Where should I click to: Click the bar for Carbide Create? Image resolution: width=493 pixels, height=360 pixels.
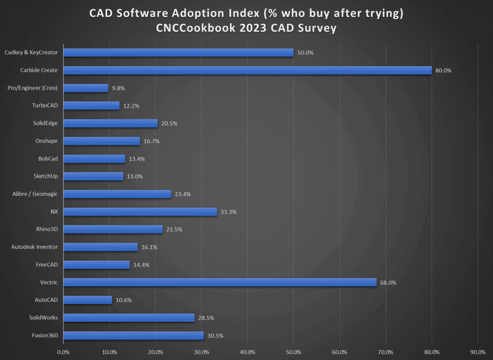[x=247, y=70]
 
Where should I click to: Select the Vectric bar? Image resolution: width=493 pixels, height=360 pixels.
[x=220, y=282]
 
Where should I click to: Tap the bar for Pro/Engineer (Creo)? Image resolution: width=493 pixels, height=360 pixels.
[x=86, y=88]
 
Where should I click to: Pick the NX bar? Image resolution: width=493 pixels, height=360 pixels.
[x=140, y=212]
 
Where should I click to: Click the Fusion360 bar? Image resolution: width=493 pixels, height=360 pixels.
[x=133, y=335]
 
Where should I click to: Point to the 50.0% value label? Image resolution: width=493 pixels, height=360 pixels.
[x=305, y=53]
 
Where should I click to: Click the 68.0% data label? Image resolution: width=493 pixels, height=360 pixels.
[x=388, y=283]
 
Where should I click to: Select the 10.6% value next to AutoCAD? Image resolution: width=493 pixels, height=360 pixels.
[x=124, y=300]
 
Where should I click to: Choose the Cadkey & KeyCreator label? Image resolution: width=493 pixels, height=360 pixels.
[x=31, y=53]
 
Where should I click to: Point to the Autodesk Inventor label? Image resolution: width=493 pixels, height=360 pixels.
[x=34, y=247]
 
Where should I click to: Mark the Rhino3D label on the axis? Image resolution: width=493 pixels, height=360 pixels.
[x=47, y=229]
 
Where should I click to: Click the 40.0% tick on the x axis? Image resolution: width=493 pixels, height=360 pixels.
[x=247, y=352]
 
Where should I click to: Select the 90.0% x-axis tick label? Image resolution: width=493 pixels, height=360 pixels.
[x=478, y=352]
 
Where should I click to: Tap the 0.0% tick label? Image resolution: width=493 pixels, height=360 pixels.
[x=63, y=352]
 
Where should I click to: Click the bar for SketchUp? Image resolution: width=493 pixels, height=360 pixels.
[x=93, y=176]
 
